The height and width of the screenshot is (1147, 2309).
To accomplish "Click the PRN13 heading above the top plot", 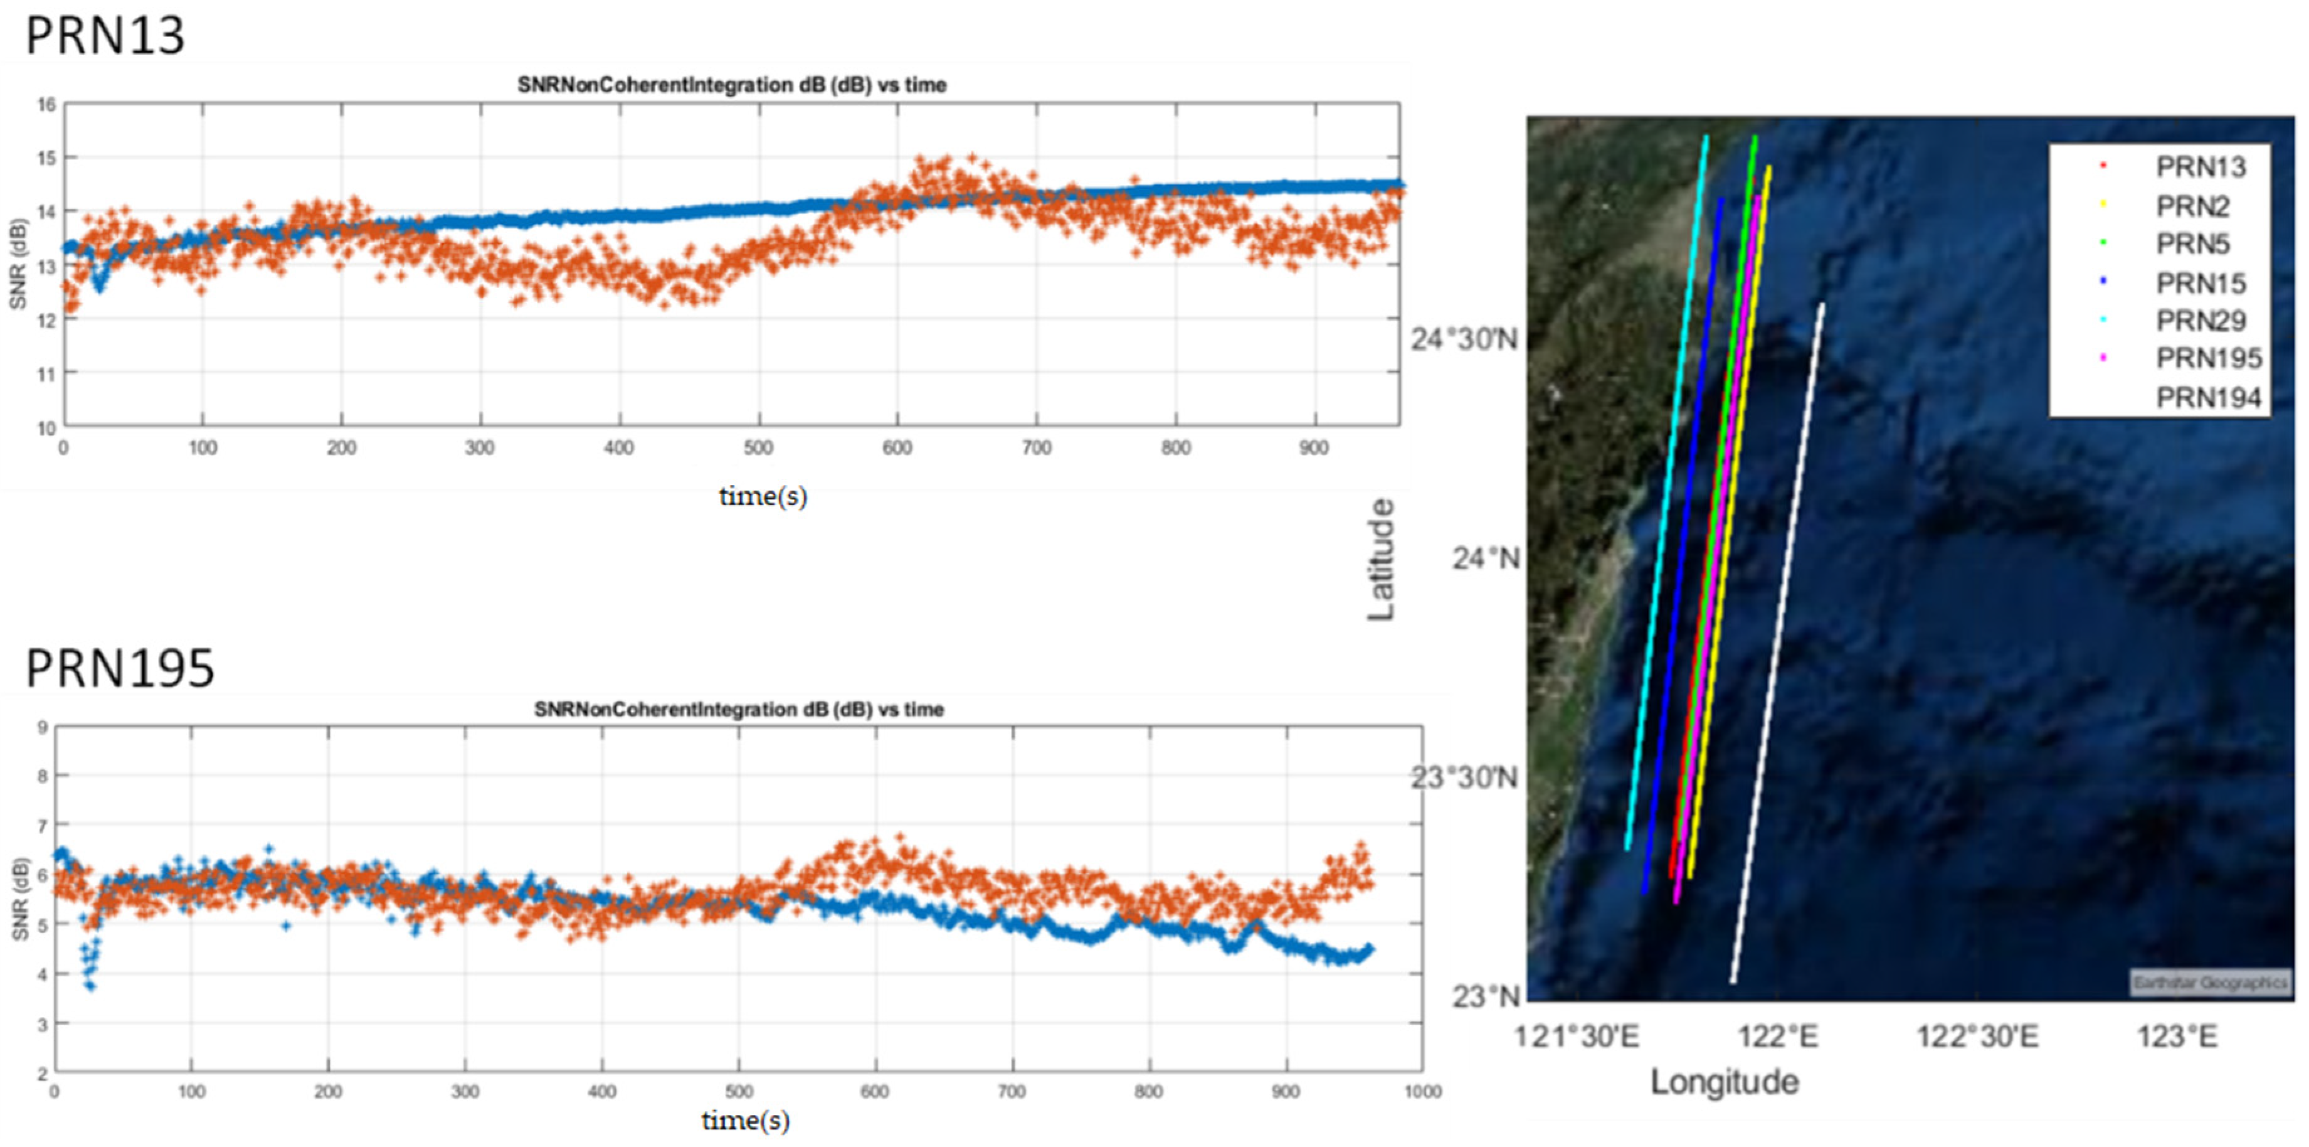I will [105, 36].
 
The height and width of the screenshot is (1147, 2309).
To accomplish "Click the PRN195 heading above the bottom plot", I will [120, 668].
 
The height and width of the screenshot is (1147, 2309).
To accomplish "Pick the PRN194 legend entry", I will [2207, 397].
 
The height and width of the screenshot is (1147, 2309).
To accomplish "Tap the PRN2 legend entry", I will [2192, 206].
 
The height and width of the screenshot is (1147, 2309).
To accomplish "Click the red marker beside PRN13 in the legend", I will [2103, 166].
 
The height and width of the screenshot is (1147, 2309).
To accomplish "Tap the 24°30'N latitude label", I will [1464, 340].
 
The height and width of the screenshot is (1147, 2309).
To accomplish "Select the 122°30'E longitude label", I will [1977, 1037].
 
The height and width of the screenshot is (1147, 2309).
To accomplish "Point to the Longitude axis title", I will [1724, 1082].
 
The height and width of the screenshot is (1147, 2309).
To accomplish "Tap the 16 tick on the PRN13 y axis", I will [46, 104].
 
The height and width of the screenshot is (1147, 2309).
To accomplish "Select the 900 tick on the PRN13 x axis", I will [1313, 447].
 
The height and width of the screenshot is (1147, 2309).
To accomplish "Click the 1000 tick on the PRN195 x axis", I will [1422, 1091].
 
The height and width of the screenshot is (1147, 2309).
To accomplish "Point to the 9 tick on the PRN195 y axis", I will [42, 727].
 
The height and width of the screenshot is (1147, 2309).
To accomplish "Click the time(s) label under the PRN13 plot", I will [763, 496].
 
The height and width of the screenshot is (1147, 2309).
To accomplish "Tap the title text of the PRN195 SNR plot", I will [739, 710].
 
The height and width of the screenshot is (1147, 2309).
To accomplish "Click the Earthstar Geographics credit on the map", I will [2209, 983].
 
